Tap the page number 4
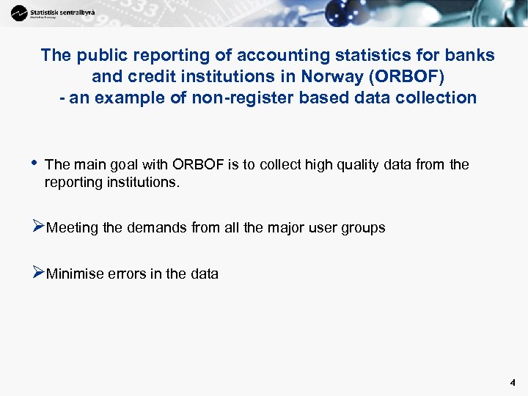click(x=513, y=383)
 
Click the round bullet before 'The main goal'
click(x=34, y=163)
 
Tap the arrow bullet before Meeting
click(x=39, y=227)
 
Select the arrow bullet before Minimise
click(x=39, y=274)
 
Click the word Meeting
click(x=72, y=228)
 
